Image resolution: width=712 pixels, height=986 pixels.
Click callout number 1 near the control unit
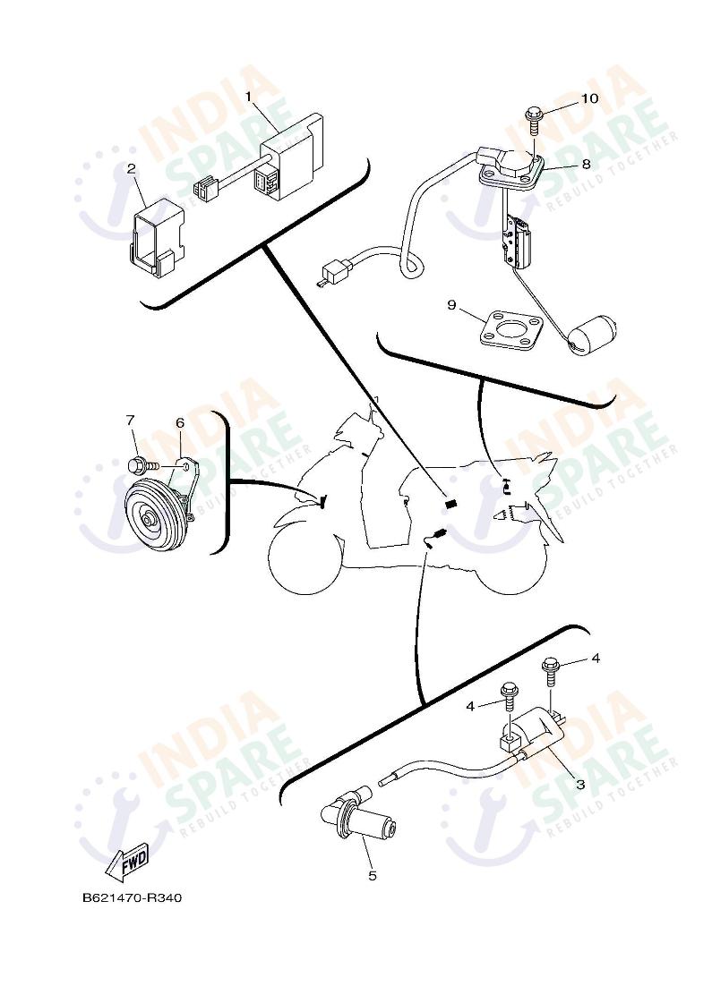[x=248, y=94]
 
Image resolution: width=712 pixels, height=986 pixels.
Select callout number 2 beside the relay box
[x=131, y=167]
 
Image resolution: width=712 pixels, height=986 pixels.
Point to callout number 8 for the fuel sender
[x=586, y=165]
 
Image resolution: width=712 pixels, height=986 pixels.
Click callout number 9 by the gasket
[x=452, y=306]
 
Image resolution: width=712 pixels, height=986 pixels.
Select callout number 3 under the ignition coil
[x=579, y=785]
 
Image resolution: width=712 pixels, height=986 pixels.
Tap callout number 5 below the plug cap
[x=373, y=875]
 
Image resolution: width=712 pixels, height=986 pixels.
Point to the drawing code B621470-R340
[x=132, y=897]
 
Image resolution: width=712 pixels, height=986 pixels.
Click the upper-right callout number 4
[x=596, y=659]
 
